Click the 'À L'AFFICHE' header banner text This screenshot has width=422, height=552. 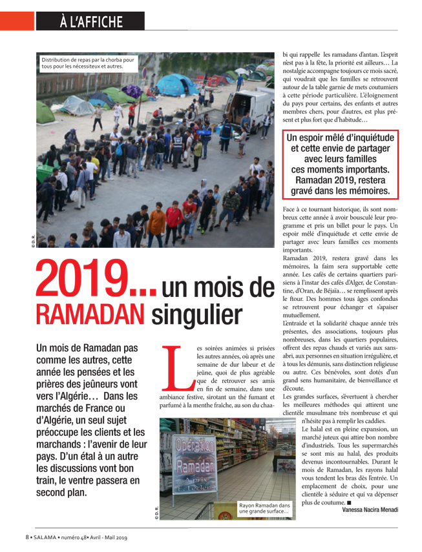click(x=90, y=21)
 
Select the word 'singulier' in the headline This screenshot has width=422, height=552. click(x=197, y=314)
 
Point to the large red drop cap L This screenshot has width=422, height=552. click(x=176, y=370)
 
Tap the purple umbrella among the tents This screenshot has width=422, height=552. click(x=132, y=90)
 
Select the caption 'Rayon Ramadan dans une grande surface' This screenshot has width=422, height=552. click(x=264, y=509)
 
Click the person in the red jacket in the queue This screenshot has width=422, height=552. click(x=173, y=216)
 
